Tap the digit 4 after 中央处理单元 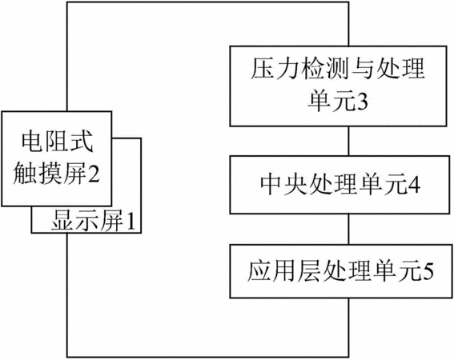(x=413, y=185)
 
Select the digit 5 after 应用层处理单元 (x=428, y=271)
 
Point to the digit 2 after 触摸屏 (x=93, y=174)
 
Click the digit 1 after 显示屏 (x=131, y=222)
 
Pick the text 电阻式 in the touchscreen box (x=58, y=142)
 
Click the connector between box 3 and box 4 (x=348, y=141)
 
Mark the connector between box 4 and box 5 (x=348, y=229)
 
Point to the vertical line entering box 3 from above (x=348, y=24)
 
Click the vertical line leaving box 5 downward (x=348, y=327)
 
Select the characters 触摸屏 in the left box (x=50, y=174)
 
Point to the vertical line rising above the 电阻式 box (x=67, y=57)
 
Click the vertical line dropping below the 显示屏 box (x=67, y=295)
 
